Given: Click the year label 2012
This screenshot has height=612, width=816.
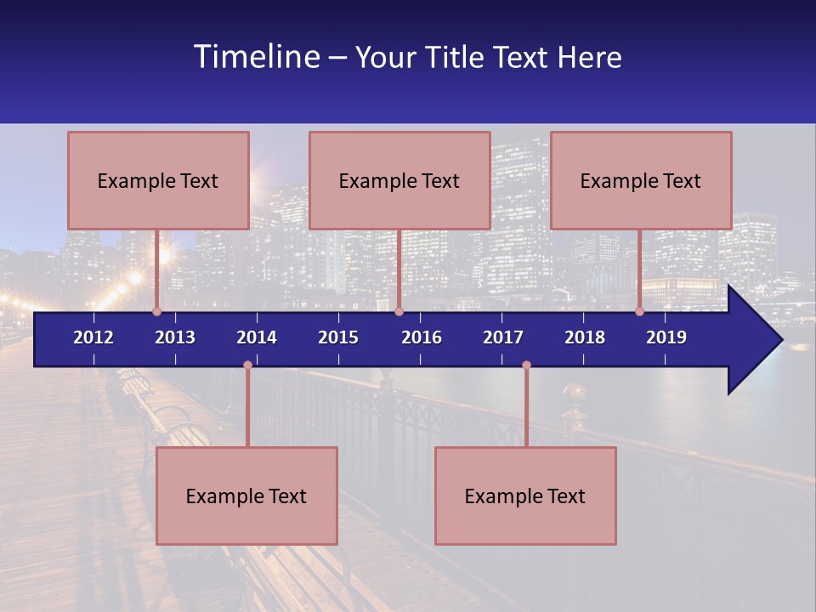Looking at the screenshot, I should [93, 337].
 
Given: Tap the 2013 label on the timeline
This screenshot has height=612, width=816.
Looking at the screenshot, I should [175, 337].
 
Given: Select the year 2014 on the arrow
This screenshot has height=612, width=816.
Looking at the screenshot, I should [257, 337].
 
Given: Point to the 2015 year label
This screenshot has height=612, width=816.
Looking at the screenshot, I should [338, 337].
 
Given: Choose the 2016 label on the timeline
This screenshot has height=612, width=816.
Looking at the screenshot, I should [422, 337].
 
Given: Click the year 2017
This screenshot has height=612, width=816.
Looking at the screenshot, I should [503, 337].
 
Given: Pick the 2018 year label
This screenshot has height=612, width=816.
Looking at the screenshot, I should [585, 337].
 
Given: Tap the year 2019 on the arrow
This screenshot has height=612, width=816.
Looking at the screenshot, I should [666, 337].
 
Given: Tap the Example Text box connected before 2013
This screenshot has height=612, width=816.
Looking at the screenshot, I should [158, 180].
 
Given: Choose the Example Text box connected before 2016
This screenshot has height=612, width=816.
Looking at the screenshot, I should [399, 180].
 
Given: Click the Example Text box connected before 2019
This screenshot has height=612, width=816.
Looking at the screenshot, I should [641, 180].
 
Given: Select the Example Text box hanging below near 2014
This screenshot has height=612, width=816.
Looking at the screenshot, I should [246, 496].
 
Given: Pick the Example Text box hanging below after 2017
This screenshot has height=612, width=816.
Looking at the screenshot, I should [525, 496].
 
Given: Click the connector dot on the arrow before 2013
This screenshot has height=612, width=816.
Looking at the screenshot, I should [156, 311].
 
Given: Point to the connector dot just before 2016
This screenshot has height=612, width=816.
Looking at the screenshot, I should [399, 311].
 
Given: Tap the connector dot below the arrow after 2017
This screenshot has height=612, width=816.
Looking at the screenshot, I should [526, 365].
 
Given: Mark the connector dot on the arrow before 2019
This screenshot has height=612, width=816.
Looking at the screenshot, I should [639, 311].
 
